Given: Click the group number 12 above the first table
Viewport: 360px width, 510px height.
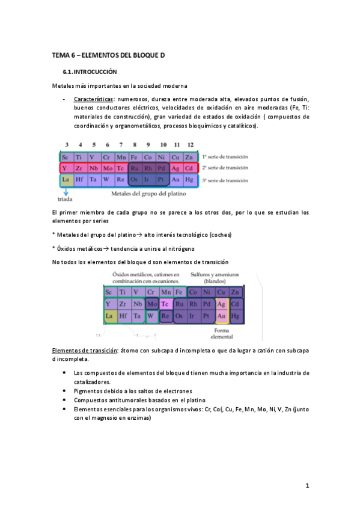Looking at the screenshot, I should pyautogui.click(x=190, y=145).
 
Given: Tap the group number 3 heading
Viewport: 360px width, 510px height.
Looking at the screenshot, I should pyautogui.click(x=66, y=145).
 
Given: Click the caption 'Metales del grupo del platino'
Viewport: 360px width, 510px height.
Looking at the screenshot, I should pyautogui.click(x=148, y=194).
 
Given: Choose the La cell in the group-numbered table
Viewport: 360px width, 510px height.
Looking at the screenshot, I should pyautogui.click(x=66, y=179).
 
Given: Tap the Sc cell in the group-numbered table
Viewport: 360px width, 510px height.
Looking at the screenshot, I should pyautogui.click(x=66, y=157).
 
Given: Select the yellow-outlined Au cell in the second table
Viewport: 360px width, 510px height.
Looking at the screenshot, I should pyautogui.click(x=221, y=316).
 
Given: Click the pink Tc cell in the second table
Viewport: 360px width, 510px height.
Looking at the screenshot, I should pyautogui.click(x=164, y=304).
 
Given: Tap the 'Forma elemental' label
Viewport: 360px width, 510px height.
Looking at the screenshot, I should pyautogui.click(x=222, y=334).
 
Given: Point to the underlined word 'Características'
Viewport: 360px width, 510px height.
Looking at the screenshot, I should pyautogui.click(x=93, y=99).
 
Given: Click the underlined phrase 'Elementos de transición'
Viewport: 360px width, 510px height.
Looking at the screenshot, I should pyautogui.click(x=85, y=350).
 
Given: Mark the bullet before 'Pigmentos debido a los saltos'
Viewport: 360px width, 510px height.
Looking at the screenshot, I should pyautogui.click(x=65, y=390).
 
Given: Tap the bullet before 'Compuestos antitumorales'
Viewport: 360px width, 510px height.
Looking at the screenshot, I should pyautogui.click(x=65, y=399).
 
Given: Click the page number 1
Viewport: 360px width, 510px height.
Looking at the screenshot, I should pyautogui.click(x=307, y=485).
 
